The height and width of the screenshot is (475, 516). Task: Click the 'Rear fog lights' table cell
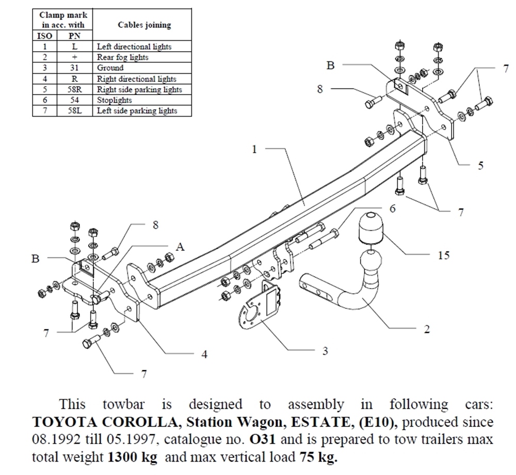pos(123,57)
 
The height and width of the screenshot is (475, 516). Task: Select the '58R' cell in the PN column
pos(75,89)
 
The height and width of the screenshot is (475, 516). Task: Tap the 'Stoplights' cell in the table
pos(115,100)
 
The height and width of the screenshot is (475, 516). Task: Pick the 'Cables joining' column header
pos(144,25)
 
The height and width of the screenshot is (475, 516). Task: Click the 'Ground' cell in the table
pos(110,68)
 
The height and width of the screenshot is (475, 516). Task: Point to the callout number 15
pos(443,255)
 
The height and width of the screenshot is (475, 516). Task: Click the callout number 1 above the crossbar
pos(254,149)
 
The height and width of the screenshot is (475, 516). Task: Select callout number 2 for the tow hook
pos(427,329)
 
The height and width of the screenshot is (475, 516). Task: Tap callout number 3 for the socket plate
pos(325,351)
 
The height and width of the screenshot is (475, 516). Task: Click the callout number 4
pos(204,354)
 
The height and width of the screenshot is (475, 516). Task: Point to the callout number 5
pos(480,166)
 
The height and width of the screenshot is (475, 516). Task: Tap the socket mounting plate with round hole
pos(256,312)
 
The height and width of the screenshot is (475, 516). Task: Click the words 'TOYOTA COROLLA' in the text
pos(104,422)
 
